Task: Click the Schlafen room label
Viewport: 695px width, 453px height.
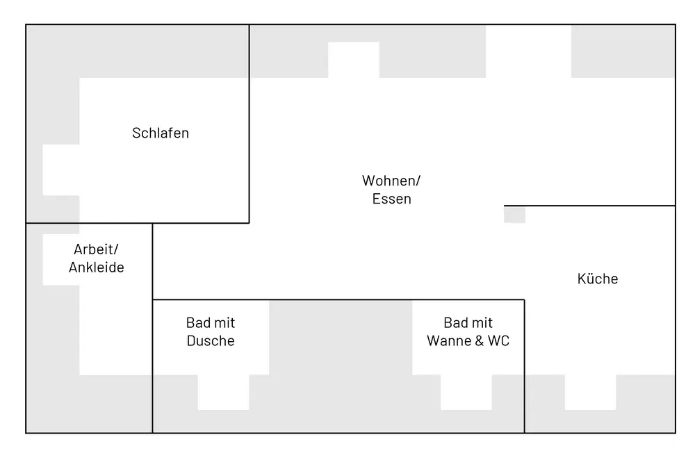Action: (x=161, y=133)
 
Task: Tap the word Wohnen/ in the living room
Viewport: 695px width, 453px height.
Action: (x=391, y=181)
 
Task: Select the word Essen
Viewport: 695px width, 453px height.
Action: (x=391, y=199)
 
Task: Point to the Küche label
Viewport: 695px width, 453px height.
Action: (x=598, y=279)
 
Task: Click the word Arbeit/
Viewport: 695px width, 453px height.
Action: (x=97, y=249)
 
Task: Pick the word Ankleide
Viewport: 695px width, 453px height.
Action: (x=97, y=267)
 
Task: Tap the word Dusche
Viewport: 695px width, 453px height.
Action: (x=211, y=341)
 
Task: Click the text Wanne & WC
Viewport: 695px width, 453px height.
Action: (x=468, y=341)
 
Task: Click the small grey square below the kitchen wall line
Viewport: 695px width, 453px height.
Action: (x=514, y=215)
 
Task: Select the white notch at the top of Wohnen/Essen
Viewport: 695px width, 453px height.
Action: (x=354, y=60)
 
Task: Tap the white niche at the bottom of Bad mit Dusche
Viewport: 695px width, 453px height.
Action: (x=223, y=393)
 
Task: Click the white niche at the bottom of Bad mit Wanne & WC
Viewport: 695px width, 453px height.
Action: (x=466, y=393)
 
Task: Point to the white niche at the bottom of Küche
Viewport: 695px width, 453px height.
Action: (x=590, y=393)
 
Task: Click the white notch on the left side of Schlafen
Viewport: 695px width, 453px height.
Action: (x=61, y=170)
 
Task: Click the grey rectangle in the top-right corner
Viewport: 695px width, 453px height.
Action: (x=623, y=51)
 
